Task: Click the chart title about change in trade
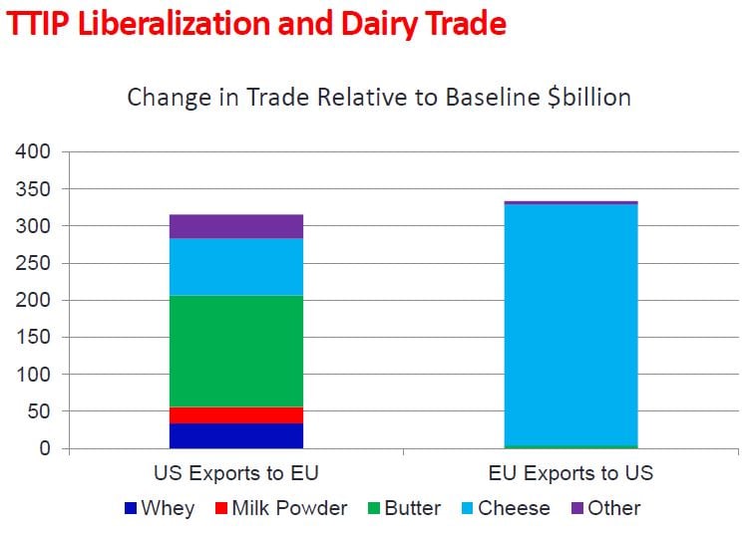pos(378,98)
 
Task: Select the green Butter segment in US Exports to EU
pos(235,351)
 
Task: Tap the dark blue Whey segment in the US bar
pos(235,435)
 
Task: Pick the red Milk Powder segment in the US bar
pos(235,414)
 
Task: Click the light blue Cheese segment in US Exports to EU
pos(235,266)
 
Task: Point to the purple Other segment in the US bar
pos(235,226)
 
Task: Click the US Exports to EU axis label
pos(235,472)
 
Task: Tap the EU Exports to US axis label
pos(570,472)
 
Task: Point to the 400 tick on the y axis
pos(33,152)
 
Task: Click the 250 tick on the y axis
pos(33,263)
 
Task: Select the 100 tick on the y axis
pos(33,375)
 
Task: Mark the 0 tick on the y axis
pos(45,448)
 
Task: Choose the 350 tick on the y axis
pos(33,189)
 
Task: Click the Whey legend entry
pos(160,508)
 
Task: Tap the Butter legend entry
pos(403,508)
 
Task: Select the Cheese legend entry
pos(504,508)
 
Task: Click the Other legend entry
pos(604,508)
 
